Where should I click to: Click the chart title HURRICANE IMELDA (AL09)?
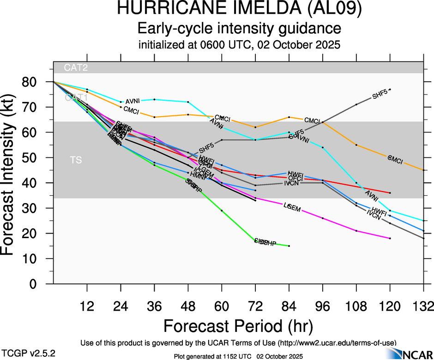pyautogui.click(x=239, y=10)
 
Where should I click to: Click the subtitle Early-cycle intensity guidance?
pyautogui.click(x=239, y=29)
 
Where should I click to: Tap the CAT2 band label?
pyautogui.click(x=76, y=67)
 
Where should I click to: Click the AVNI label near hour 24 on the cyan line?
pyautogui.click(x=133, y=102)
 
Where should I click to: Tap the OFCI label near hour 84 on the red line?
pyautogui.click(x=295, y=178)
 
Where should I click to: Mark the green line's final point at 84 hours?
pyautogui.click(x=289, y=246)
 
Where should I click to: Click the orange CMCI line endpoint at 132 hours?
pyautogui.click(x=423, y=170)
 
